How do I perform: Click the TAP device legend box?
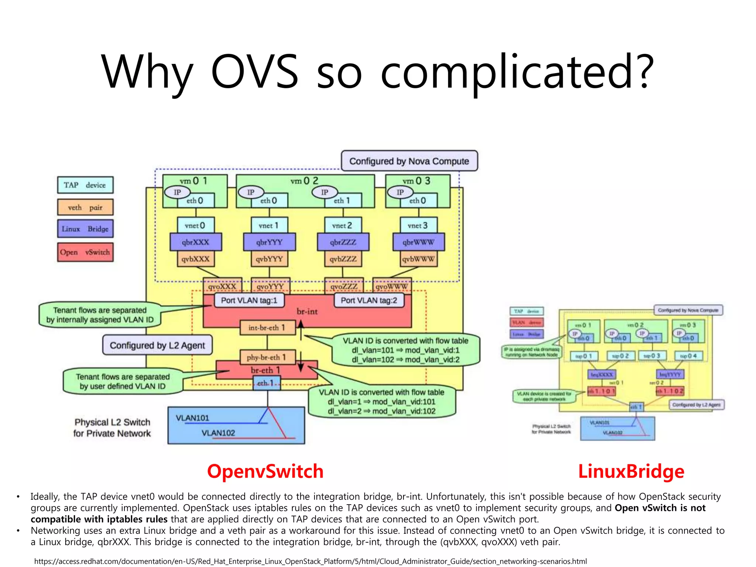point(85,185)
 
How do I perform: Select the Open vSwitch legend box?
point(85,252)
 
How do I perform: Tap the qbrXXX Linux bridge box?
point(196,242)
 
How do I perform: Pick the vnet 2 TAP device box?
point(342,225)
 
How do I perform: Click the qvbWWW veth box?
point(418,259)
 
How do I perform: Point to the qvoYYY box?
point(270,286)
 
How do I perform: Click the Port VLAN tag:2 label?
point(369,300)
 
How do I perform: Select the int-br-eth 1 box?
point(267,327)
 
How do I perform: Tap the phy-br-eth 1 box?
point(267,357)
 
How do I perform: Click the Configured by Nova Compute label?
point(409,161)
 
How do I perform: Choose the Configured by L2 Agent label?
point(157,345)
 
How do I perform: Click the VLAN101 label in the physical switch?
point(192,418)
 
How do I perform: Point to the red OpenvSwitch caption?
point(265,471)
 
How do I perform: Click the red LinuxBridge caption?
point(631,471)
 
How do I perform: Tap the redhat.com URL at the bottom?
point(310,561)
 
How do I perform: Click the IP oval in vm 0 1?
point(177,192)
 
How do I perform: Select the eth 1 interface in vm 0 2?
point(342,200)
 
